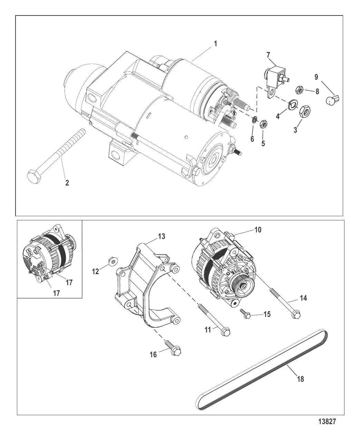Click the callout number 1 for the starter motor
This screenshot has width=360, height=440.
(215, 44)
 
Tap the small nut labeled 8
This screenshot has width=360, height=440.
(299, 90)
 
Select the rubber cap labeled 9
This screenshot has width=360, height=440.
(332, 100)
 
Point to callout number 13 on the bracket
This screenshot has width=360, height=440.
(162, 236)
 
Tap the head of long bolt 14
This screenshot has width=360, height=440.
(296, 314)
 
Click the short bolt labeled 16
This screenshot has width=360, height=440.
(176, 351)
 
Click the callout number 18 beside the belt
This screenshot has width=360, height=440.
(300, 379)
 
